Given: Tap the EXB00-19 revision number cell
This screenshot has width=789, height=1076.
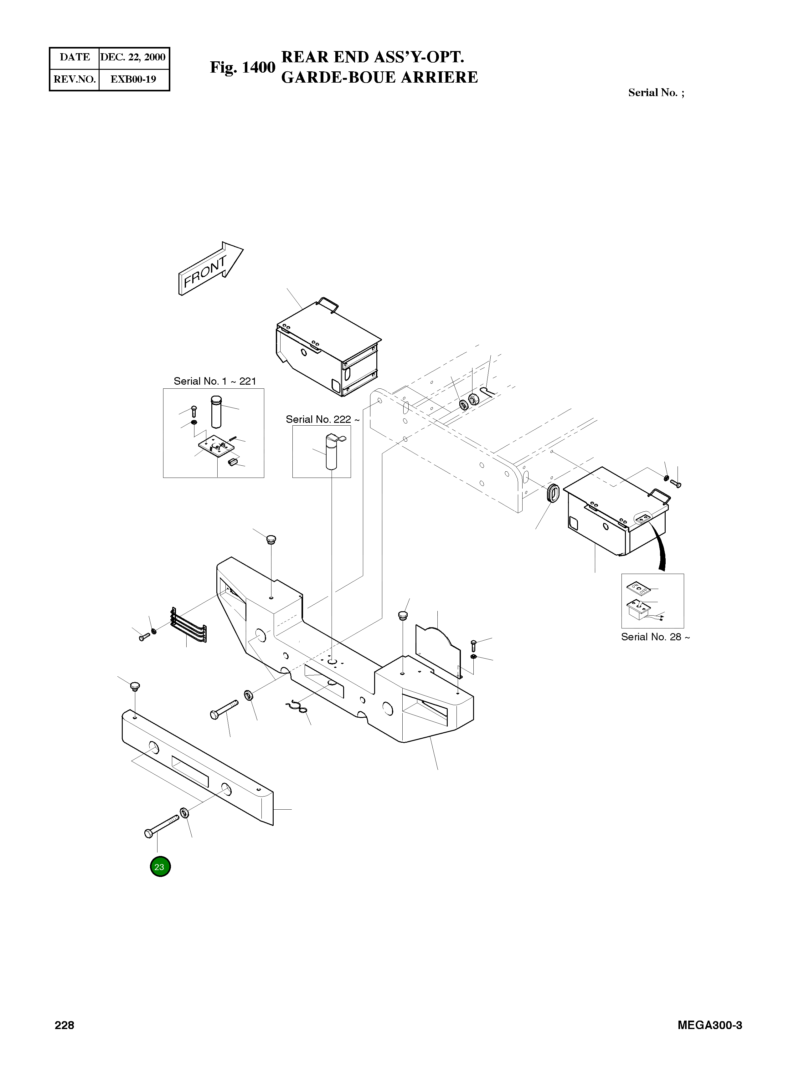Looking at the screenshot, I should pyautogui.click(x=133, y=79).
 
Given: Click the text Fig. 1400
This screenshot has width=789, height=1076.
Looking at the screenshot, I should pyautogui.click(x=243, y=67).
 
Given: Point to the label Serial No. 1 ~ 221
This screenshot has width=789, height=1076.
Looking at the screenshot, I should pyautogui.click(x=214, y=381).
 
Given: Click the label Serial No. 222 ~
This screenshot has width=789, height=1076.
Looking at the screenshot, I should pyautogui.click(x=322, y=419).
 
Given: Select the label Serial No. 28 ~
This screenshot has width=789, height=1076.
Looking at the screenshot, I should pyautogui.click(x=655, y=637).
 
